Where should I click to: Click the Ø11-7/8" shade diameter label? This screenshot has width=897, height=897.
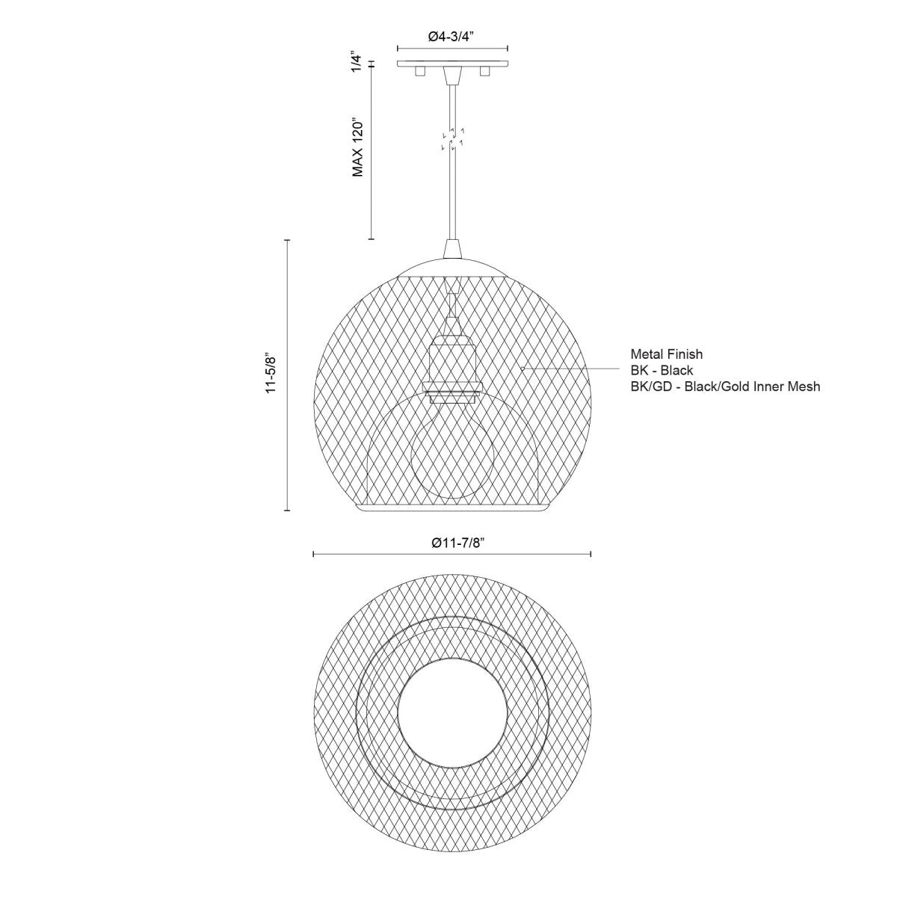coord(451,543)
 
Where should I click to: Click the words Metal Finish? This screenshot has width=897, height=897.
coord(666,354)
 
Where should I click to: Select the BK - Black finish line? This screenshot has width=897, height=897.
coord(662,370)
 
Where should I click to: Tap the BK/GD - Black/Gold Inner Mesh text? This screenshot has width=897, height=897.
coord(725,386)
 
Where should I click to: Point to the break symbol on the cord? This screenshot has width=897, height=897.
coord(452,138)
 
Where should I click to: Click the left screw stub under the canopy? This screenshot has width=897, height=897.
coord(419,71)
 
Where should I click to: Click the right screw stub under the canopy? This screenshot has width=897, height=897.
coord(484,71)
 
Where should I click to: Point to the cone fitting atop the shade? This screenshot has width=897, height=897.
coord(452,249)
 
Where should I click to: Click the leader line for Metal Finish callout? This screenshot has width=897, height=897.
coord(568,369)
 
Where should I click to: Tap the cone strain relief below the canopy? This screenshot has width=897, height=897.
coord(451,75)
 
